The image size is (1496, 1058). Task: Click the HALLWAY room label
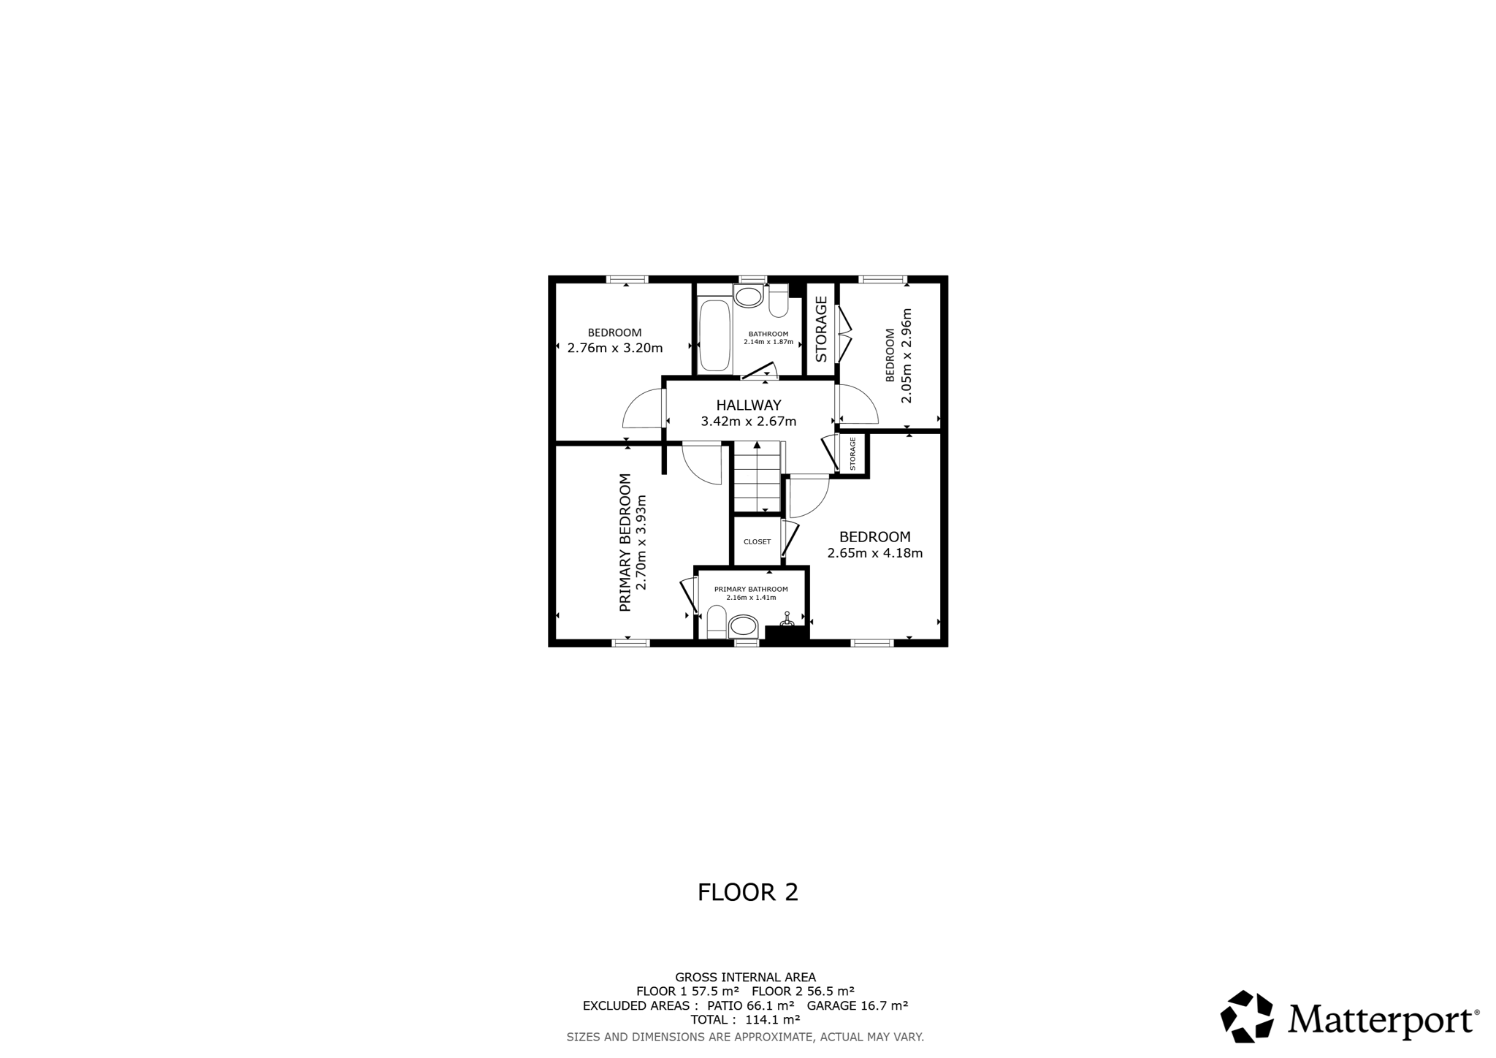point(748,405)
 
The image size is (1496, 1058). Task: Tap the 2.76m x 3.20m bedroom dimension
point(615,348)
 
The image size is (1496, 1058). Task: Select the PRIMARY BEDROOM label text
point(625,543)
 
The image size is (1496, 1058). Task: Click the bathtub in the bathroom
point(714,335)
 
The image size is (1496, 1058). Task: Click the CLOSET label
point(757,541)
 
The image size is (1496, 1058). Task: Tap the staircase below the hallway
point(757,476)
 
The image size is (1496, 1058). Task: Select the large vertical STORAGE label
point(821,329)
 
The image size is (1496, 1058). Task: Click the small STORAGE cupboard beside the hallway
point(852,454)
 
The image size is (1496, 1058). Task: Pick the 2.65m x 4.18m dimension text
point(875,553)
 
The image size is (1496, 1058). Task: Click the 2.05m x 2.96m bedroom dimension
point(907,356)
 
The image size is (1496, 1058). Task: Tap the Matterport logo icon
point(1248,1016)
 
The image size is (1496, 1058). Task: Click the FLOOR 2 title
point(748,892)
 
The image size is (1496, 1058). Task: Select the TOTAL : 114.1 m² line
point(745,1019)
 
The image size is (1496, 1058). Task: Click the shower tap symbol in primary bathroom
point(787,619)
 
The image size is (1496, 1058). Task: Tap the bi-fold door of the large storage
point(844,334)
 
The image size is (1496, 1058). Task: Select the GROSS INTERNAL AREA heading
point(745,977)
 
